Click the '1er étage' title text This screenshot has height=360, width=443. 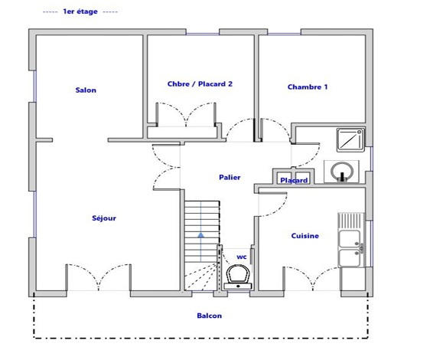(80, 12)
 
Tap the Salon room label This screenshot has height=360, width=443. (86, 90)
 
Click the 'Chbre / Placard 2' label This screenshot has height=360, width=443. (200, 84)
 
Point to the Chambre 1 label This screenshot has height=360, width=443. (308, 87)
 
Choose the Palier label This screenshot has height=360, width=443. (230, 178)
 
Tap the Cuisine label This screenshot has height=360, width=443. (305, 236)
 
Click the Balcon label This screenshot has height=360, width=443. (210, 316)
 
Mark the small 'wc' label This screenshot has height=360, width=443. (241, 257)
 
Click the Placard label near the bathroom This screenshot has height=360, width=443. (294, 181)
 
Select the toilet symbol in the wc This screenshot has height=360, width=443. (239, 275)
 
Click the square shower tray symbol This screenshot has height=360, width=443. (350, 139)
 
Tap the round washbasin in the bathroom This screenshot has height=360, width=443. (339, 171)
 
